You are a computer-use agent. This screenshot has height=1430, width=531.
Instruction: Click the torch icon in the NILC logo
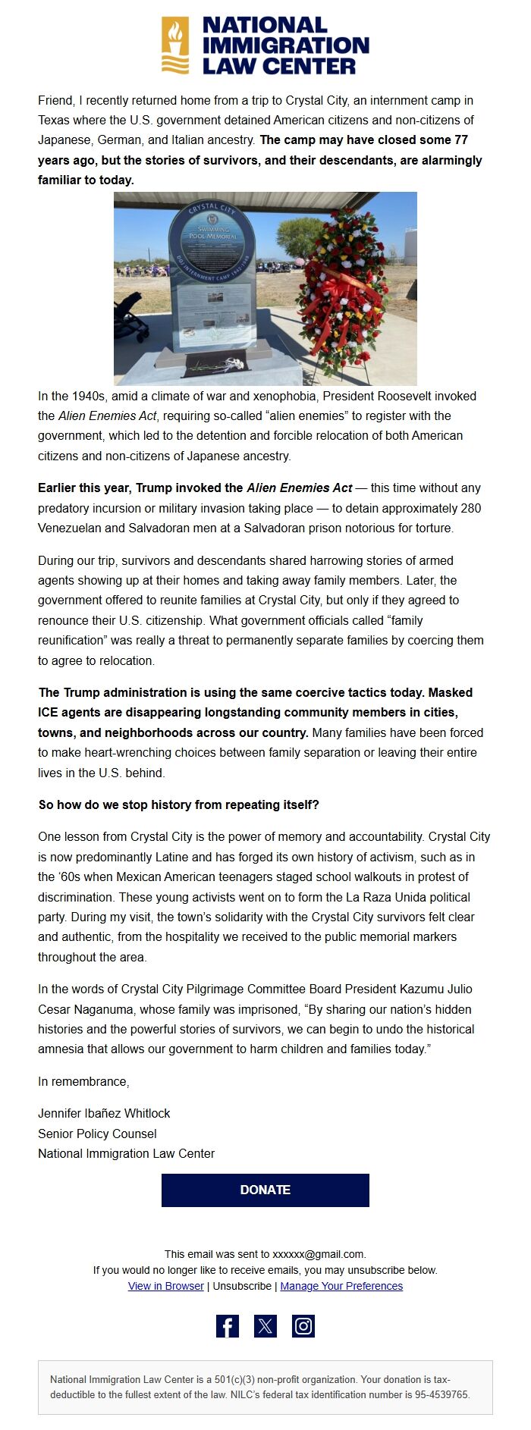[x=175, y=45]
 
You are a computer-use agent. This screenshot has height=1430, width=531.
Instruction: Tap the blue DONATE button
[x=265, y=1190]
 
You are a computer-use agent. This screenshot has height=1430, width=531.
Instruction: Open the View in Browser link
[x=166, y=1286]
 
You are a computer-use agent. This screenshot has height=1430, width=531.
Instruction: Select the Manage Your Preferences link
[x=341, y=1286]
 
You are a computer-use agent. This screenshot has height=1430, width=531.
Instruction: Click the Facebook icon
[x=228, y=1326]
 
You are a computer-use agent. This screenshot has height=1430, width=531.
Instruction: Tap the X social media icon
[x=265, y=1326]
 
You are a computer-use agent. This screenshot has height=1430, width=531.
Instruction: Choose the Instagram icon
[x=303, y=1326]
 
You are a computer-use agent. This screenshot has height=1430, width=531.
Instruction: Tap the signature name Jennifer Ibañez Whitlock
[x=104, y=1113]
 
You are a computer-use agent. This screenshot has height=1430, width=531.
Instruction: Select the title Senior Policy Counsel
[x=97, y=1134]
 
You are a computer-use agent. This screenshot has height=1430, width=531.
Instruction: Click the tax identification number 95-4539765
[x=441, y=1394]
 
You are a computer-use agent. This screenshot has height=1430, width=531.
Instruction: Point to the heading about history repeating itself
[x=178, y=804]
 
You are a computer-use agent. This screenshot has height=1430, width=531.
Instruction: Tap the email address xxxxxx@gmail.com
[x=318, y=1254]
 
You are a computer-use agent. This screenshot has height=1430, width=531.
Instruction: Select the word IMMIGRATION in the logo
[x=285, y=45]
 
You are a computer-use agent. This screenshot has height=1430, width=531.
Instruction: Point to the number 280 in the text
[x=470, y=508]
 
